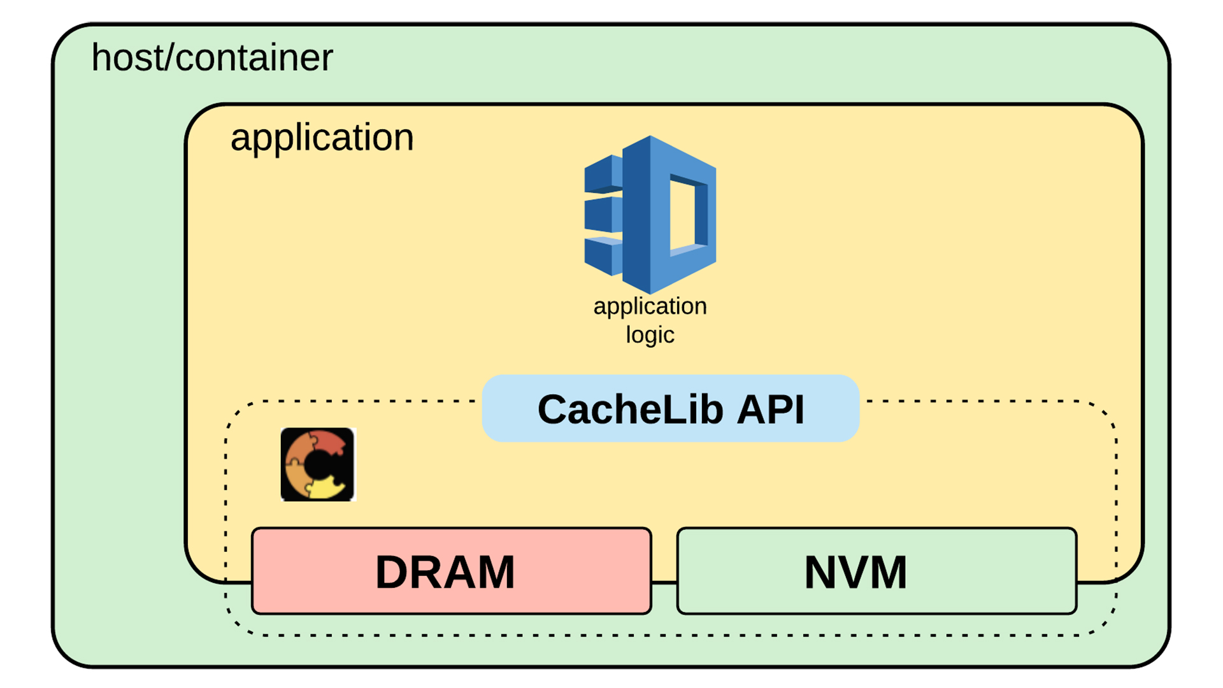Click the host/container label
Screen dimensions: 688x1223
coord(212,58)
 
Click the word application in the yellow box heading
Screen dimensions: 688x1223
coord(322,138)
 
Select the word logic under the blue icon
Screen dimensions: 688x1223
coord(650,335)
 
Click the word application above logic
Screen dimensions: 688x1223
coord(650,306)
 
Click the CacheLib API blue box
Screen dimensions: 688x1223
coord(670,409)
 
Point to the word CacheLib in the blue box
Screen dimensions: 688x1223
coord(630,409)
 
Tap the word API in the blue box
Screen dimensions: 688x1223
coord(771,409)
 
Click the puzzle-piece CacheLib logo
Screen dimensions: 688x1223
coord(317,464)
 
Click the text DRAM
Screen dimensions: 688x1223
coord(445,572)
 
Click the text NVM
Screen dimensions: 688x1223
coord(855,572)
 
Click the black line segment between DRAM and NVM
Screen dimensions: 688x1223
coord(664,582)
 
